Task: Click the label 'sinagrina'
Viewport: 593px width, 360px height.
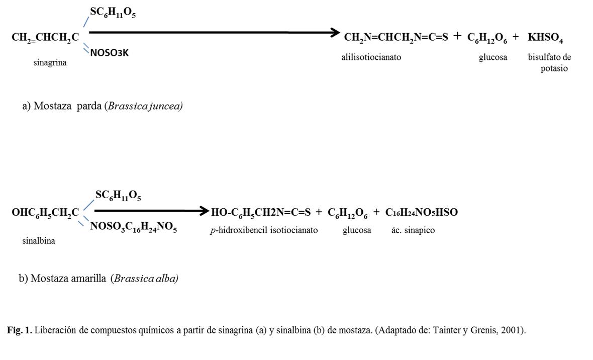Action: pos(50,63)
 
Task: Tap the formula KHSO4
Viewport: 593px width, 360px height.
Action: pos(545,38)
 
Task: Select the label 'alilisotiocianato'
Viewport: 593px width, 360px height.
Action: pos(371,57)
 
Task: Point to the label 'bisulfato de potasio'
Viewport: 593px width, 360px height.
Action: pos(550,63)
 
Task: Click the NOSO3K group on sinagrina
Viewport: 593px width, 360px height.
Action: pos(109,53)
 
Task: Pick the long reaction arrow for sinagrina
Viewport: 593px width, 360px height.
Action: pos(214,33)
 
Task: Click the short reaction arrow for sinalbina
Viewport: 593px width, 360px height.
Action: pos(151,211)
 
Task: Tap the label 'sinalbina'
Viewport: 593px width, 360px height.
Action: pos(39,241)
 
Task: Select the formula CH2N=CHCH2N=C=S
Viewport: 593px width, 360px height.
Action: pos(396,38)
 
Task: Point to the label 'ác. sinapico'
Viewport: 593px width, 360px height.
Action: pos(413,230)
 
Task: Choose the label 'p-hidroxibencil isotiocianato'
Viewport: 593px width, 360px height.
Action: pos(264,230)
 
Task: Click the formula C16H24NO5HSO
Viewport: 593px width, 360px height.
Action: pos(421,213)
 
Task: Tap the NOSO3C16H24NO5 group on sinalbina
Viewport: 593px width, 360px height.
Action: pos(133,227)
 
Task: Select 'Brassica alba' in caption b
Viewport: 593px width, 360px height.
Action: pos(146,278)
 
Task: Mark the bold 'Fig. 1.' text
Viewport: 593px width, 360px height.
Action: pos(20,330)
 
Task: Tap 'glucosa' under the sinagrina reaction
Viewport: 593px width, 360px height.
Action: pos(492,57)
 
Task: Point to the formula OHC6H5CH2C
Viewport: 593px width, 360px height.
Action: pos(45,213)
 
